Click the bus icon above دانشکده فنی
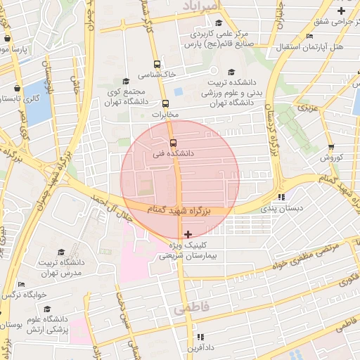174,142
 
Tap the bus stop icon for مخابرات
166,103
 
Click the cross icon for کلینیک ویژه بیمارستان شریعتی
187,233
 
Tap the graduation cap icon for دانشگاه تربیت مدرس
61,252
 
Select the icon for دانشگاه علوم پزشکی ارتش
47,309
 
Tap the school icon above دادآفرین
200,337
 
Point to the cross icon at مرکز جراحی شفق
341,11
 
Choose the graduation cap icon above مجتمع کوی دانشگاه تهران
126,81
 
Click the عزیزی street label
307,108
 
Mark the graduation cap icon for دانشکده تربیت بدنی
232,71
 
